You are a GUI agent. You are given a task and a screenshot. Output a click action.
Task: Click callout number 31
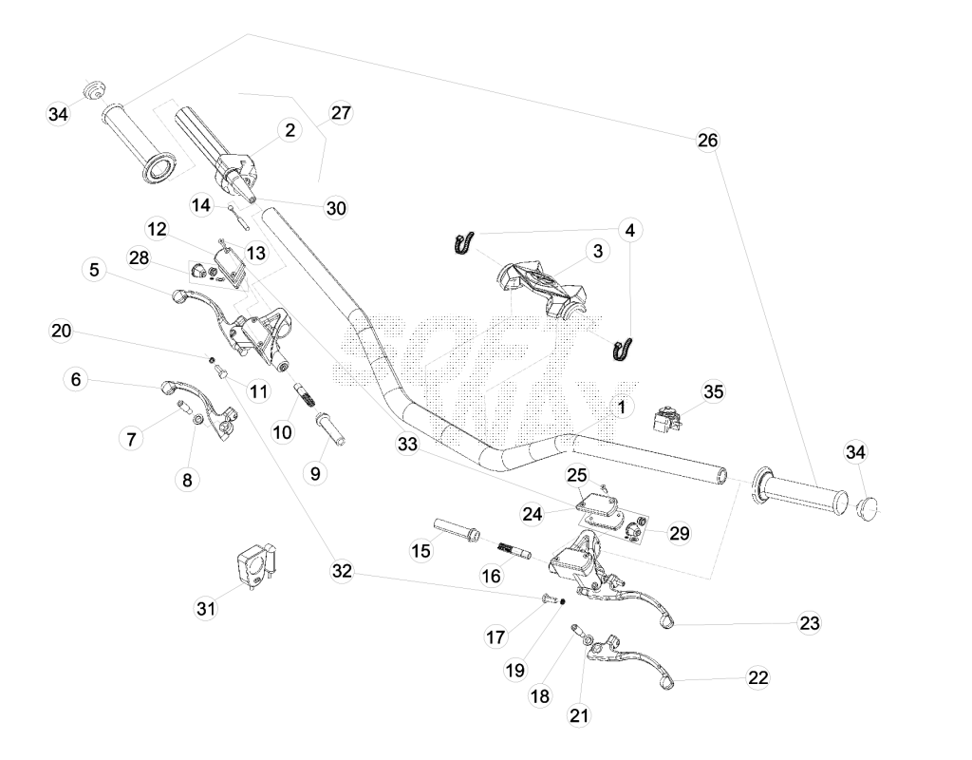click(x=206, y=609)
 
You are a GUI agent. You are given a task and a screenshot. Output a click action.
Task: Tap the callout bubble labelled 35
click(x=714, y=392)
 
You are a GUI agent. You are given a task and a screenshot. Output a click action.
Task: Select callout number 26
click(x=708, y=141)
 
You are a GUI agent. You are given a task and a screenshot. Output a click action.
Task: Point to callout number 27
click(x=341, y=113)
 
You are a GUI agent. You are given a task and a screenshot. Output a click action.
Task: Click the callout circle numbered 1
click(x=622, y=407)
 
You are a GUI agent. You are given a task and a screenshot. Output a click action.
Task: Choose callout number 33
click(x=407, y=445)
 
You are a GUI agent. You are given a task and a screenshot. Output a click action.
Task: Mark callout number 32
click(x=342, y=571)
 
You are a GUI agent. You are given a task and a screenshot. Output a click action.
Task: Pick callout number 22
click(x=758, y=677)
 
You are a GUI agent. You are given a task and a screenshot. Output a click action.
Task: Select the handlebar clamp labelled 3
click(x=542, y=289)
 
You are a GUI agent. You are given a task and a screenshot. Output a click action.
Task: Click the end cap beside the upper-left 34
click(x=94, y=90)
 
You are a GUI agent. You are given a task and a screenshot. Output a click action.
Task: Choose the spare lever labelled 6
click(x=199, y=407)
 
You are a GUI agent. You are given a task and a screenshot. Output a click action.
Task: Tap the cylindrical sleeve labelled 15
click(x=457, y=527)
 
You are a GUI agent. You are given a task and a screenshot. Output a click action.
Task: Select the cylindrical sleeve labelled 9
click(x=330, y=428)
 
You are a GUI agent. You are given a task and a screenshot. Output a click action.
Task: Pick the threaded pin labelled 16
click(x=514, y=550)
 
